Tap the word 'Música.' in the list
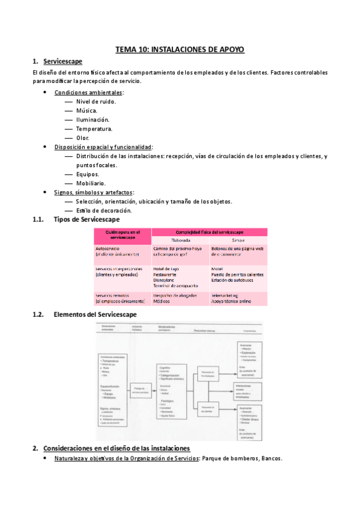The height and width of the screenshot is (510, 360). [x=87, y=111]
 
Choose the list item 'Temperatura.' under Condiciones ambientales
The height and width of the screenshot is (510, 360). [x=94, y=129]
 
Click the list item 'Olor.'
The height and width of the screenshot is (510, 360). [x=82, y=138]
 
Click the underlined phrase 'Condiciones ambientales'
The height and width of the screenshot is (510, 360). [x=88, y=93]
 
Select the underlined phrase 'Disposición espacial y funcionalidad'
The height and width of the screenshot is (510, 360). [x=103, y=147]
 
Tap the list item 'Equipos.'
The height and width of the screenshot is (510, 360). [x=88, y=174]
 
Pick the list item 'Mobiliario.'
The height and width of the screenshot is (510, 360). [x=91, y=183]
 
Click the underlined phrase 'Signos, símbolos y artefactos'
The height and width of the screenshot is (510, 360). [x=93, y=192]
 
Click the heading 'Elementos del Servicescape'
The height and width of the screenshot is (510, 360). [x=94, y=314]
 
